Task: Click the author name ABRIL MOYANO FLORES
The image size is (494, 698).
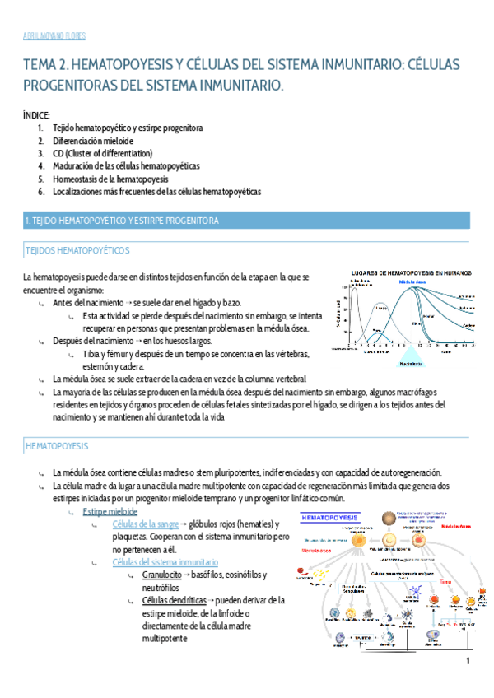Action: pyautogui.click(x=54, y=36)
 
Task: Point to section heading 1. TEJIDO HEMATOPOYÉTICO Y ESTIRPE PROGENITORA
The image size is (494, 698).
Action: pyautogui.click(x=122, y=221)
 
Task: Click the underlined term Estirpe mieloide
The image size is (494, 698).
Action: pyautogui.click(x=110, y=511)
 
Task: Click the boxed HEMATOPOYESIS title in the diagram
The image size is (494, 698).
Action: pyautogui.click(x=328, y=519)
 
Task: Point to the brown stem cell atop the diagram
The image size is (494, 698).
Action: pyautogui.click(x=388, y=519)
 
